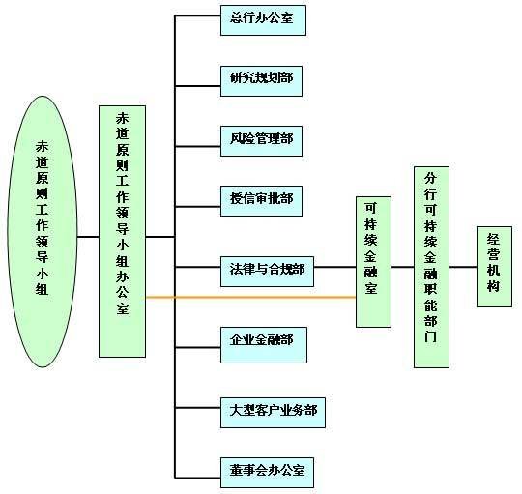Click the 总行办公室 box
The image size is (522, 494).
coord(263,20)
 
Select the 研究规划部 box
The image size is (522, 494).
coord(261,81)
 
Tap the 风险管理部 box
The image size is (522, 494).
coord(261,141)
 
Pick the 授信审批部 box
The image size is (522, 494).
coord(261,201)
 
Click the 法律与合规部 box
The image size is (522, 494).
coord(267,272)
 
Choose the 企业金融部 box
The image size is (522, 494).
coord(264,345)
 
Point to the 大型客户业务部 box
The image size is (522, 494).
coord(273,413)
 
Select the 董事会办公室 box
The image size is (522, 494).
coord(267,473)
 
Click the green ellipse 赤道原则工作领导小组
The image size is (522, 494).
coord(43,232)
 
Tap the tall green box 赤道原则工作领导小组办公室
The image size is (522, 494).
coord(122,231)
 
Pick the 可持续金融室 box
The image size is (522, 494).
coord(373,262)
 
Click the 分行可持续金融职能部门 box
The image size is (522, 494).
coord(431,267)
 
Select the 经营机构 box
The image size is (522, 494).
coord(494,267)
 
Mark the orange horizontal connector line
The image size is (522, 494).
coord(251,297)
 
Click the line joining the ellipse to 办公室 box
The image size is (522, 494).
coord(88,237)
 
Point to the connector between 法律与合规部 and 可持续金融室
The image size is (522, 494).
coord(334,267)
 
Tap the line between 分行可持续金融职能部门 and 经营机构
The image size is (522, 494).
coord(463,267)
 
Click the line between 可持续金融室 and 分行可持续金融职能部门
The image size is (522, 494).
coord(402,267)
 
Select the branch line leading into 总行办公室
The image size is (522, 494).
coord(198,15)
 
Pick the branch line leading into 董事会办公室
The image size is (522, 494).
coord(198,478)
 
